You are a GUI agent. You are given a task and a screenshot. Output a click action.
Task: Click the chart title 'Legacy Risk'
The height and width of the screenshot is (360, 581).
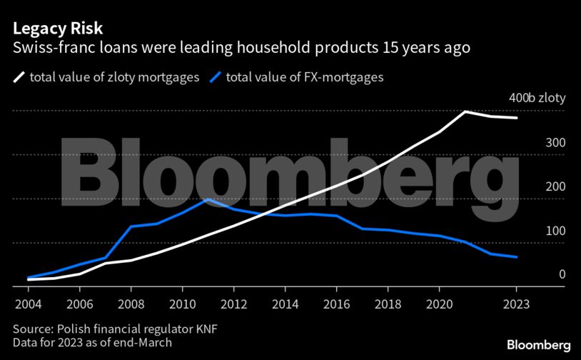pos(57,29)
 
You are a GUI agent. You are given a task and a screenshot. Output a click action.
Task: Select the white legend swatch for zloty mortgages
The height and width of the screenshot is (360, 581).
pos(19,76)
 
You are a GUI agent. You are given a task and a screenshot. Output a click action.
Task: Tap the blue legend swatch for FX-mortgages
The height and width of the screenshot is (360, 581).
pos(215,76)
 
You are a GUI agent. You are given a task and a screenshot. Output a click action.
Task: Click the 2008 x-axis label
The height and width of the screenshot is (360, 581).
pos(131,303)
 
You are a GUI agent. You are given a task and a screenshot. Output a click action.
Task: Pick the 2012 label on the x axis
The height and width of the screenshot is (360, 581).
pos(233,303)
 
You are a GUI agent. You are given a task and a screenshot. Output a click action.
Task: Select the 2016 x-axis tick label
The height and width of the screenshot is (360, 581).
pos(336,303)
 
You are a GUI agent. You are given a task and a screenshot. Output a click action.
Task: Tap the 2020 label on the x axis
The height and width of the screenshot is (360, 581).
pos(439,303)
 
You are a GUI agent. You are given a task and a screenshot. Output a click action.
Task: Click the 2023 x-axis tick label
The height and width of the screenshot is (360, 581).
pos(516,303)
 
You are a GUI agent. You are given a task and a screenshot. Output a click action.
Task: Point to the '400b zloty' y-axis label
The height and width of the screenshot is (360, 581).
pos(537,99)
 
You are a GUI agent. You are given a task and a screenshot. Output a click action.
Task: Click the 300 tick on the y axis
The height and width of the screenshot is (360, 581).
pos(556,143)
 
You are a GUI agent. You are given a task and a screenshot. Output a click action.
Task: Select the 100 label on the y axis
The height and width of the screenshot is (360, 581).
pos(556,231)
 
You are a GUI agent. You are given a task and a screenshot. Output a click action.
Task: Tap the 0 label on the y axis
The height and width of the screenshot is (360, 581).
pos(562,274)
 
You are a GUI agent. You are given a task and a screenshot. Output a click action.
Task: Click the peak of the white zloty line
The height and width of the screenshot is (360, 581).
pos(465,112)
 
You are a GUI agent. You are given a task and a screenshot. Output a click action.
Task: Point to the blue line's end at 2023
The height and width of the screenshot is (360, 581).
pos(516,257)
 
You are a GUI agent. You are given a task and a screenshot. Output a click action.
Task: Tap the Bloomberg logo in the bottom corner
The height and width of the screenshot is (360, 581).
pos(538,344)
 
